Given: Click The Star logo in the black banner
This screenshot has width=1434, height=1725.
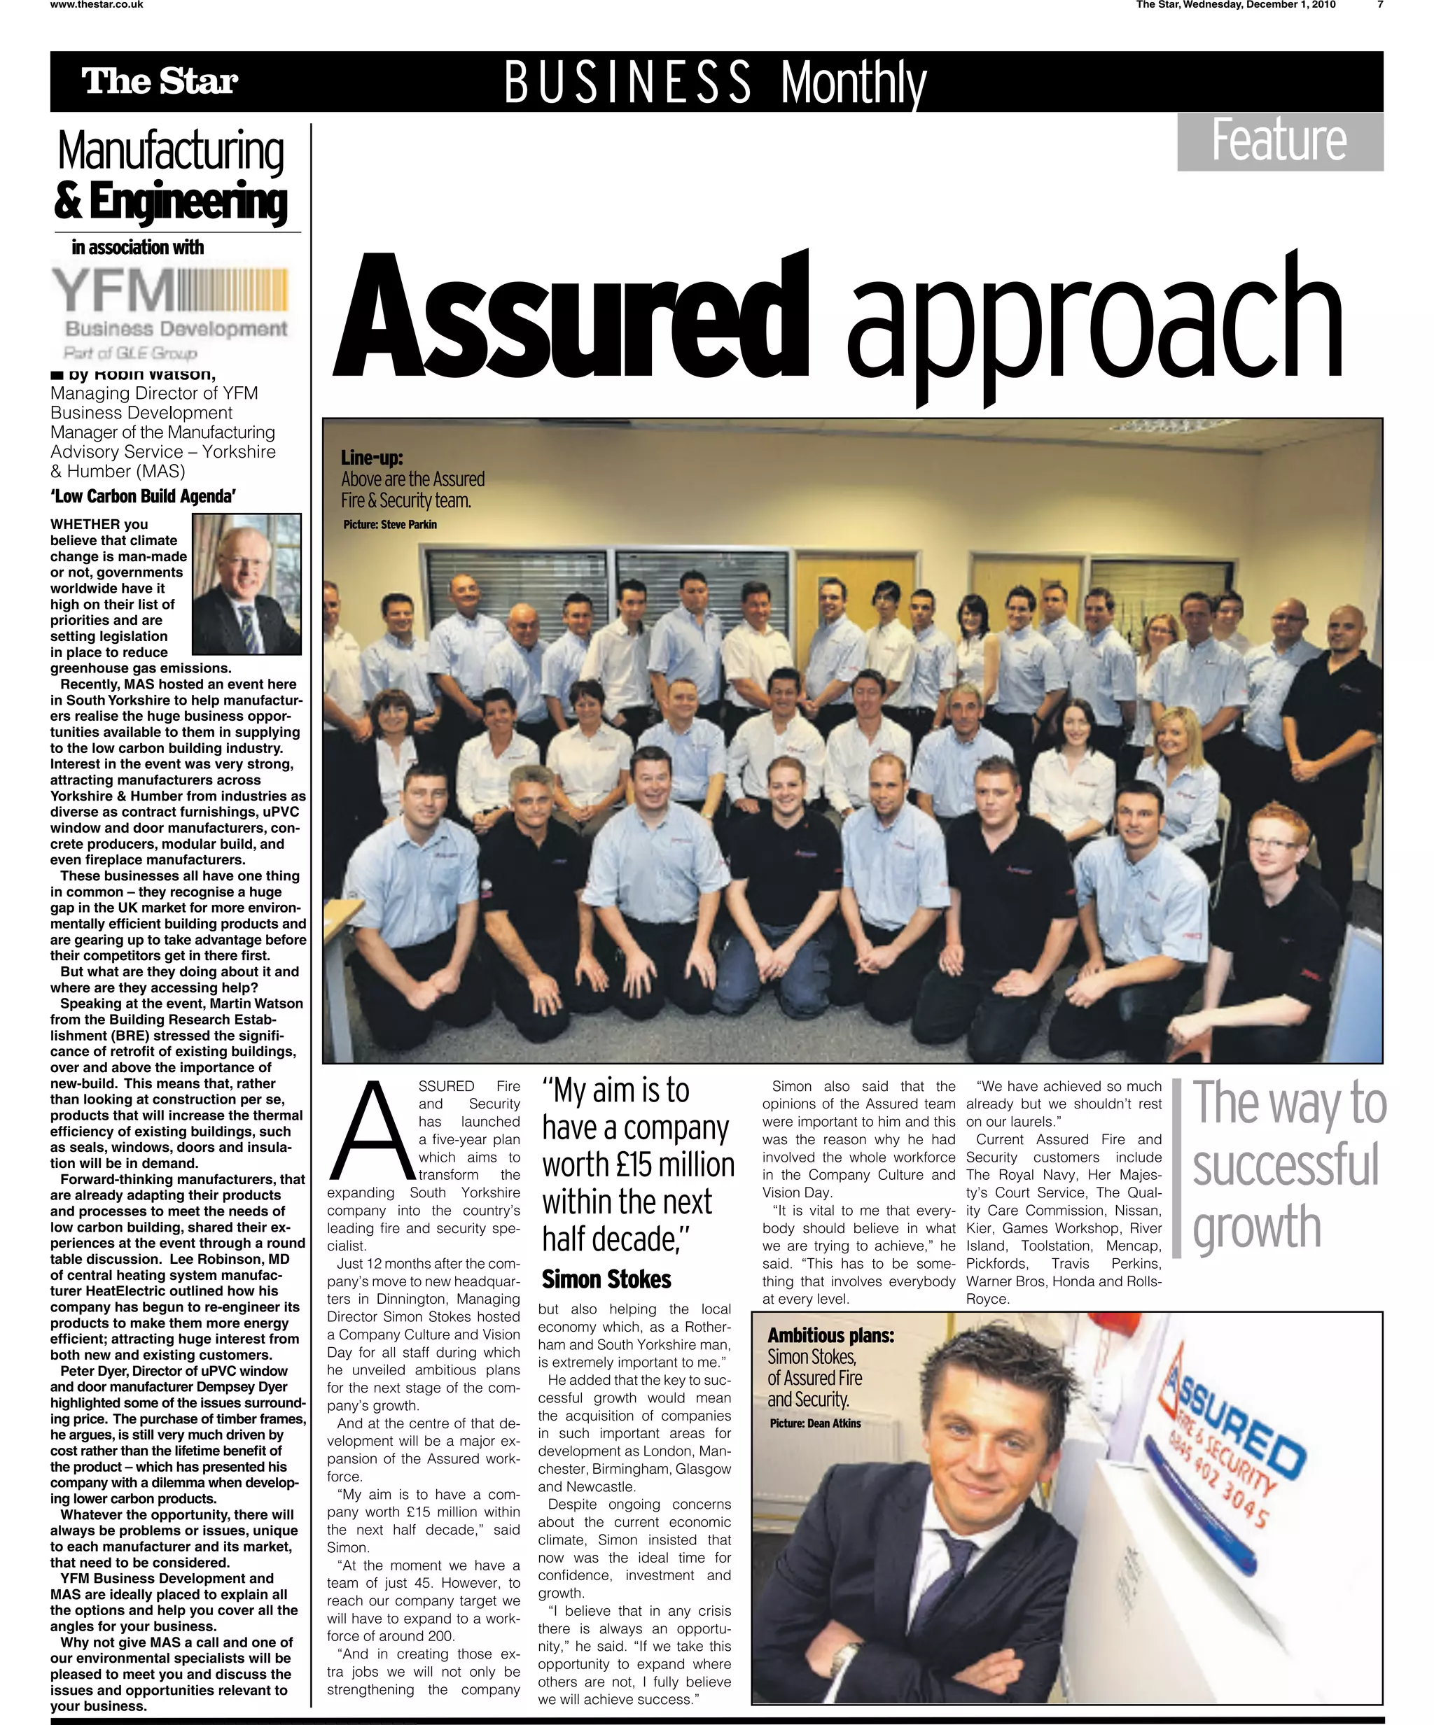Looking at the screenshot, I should pos(160,81).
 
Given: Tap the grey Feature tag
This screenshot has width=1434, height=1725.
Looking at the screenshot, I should pos(1279,141).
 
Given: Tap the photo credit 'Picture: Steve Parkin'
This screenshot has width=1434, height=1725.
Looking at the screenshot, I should pos(390,525).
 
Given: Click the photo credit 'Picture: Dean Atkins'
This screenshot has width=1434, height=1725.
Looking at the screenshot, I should pos(815,1423).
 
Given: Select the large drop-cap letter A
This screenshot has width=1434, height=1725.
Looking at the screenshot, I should pos(370,1132).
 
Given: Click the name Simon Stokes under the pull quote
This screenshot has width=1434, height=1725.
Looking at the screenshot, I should pos(606,1279).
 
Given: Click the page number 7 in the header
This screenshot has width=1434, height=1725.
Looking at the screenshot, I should pos(1381,5).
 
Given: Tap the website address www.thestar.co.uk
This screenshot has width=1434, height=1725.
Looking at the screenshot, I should pos(97,5).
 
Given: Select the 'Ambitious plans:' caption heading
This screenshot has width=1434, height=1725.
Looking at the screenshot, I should pos(831,1336).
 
